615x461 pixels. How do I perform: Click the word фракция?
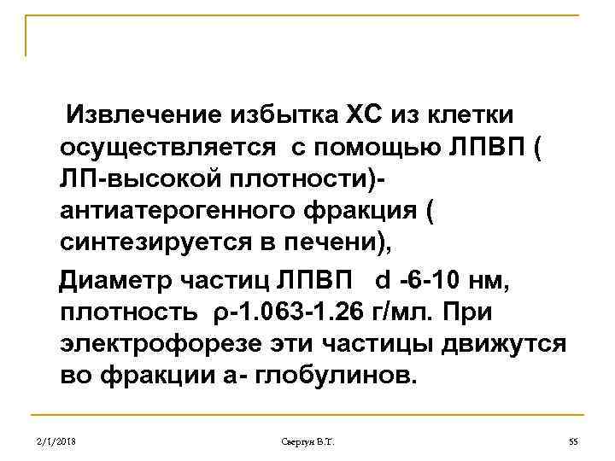(x=362, y=212)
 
